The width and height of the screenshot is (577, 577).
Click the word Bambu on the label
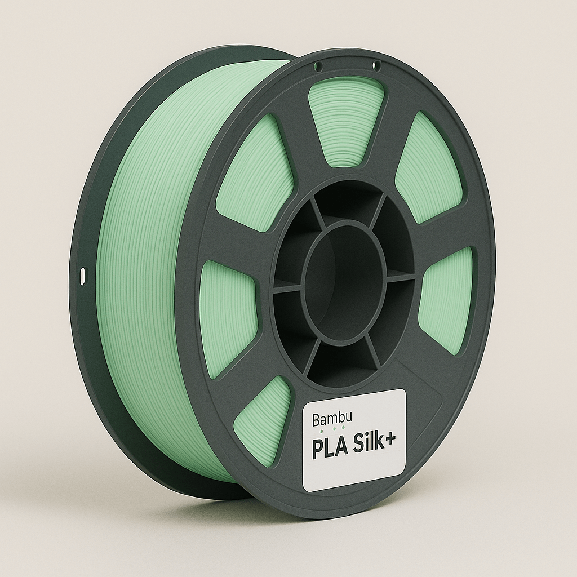click(328, 420)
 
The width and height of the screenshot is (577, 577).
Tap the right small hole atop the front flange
click(377, 66)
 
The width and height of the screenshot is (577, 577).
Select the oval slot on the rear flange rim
click(83, 276)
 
